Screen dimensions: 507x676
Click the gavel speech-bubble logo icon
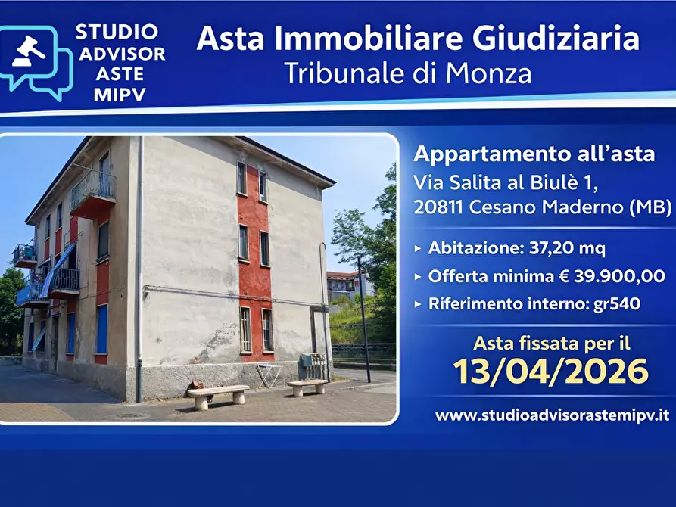(x=36, y=62)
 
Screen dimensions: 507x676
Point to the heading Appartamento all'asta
(x=534, y=154)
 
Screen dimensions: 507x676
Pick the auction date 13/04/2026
(x=550, y=372)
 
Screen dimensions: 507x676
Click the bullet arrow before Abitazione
(x=419, y=248)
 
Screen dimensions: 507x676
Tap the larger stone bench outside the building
(x=218, y=395)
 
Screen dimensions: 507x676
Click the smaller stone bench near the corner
(x=307, y=386)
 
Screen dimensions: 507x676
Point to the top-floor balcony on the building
(x=93, y=193)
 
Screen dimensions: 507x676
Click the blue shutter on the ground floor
(x=101, y=329)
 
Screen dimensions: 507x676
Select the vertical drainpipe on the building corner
(x=139, y=272)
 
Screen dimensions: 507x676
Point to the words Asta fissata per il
(x=551, y=342)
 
